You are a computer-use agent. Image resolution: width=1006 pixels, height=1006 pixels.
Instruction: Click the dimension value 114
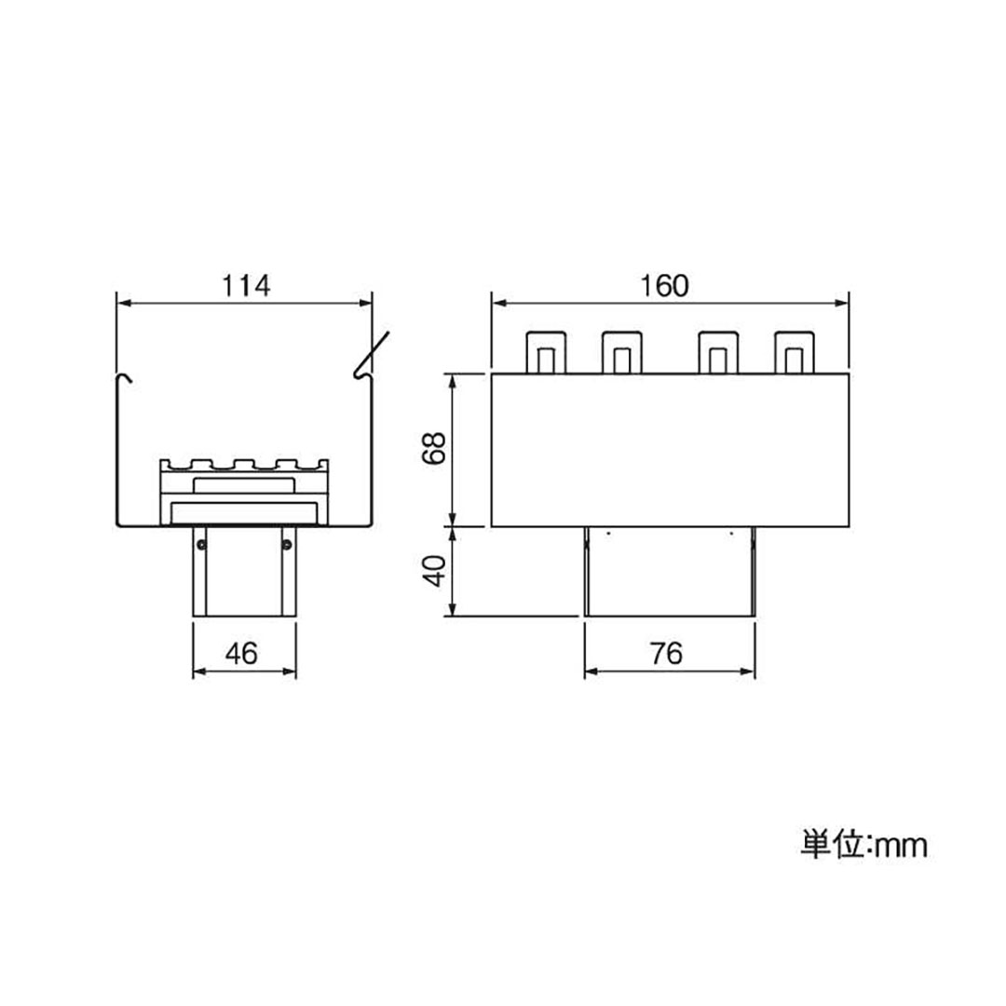click(x=244, y=286)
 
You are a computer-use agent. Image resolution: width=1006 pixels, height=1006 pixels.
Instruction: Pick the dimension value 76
click(x=667, y=655)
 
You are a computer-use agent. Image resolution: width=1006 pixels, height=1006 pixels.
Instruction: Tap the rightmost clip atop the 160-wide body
click(x=794, y=352)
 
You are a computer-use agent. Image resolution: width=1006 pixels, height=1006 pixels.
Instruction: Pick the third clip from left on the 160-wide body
click(x=718, y=352)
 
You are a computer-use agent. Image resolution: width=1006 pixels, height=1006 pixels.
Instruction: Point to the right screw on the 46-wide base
click(x=287, y=543)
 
